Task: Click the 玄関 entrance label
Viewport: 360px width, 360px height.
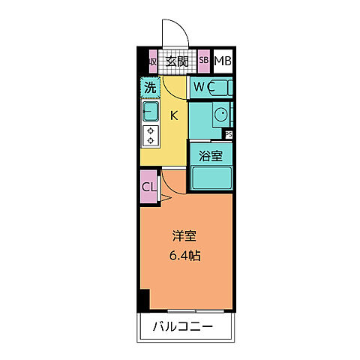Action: [x=176, y=61]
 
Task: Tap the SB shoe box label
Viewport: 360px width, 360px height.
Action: [x=204, y=61]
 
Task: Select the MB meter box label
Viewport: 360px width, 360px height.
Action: [x=223, y=61]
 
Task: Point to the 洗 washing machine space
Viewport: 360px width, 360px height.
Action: [x=150, y=88]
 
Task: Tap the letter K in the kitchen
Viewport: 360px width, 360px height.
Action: [x=173, y=115]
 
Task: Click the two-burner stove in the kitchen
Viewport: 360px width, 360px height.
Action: [x=151, y=135]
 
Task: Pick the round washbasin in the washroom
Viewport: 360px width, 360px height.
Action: [x=222, y=115]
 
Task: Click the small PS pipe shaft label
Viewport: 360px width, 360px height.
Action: [x=229, y=136]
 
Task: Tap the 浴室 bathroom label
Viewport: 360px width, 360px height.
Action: [x=210, y=156]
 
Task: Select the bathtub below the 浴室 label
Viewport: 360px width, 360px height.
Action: [x=211, y=177]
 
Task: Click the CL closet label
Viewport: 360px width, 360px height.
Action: [x=149, y=186]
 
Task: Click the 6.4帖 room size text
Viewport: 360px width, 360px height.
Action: [x=185, y=255]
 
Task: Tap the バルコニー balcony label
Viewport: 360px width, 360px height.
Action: [x=184, y=327]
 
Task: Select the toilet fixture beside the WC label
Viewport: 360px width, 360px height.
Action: [x=222, y=88]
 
